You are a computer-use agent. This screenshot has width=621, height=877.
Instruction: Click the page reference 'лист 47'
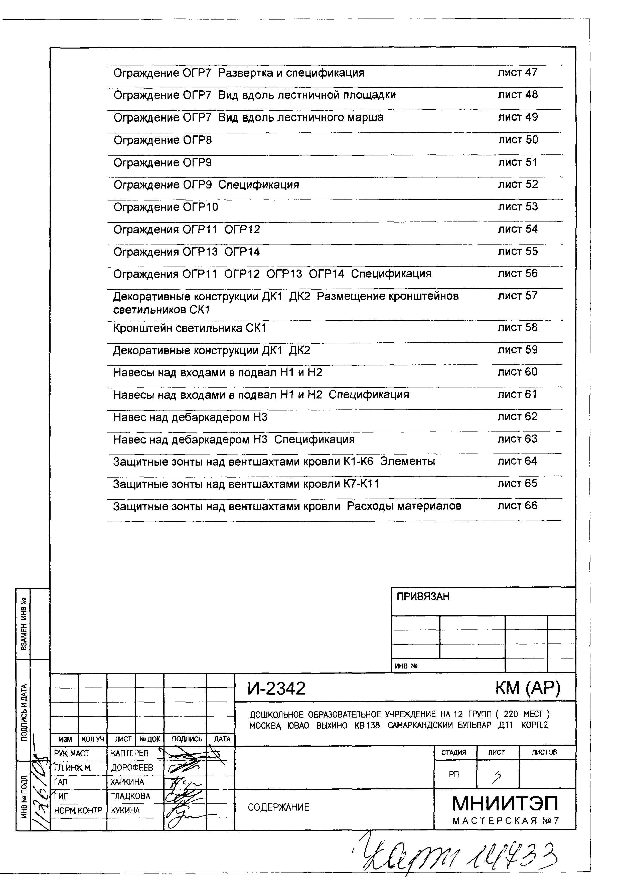click(x=517, y=72)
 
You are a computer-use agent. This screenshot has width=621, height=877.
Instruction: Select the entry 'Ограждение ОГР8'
click(x=163, y=140)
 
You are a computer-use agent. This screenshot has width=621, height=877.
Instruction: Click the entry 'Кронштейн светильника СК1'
click(x=189, y=328)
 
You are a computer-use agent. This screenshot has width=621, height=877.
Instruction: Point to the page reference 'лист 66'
click(x=517, y=506)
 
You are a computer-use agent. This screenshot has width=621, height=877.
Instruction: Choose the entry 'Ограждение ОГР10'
click(x=166, y=207)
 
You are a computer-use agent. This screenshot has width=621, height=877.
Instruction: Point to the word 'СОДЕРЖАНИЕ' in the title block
click(x=278, y=807)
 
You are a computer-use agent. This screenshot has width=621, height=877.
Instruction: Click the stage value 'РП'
click(x=454, y=774)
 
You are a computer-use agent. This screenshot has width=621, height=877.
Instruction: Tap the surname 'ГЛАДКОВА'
click(x=130, y=796)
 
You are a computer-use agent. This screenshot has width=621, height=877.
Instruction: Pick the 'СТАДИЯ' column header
click(x=454, y=752)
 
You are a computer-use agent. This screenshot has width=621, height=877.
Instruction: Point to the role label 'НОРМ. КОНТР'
click(x=78, y=810)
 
